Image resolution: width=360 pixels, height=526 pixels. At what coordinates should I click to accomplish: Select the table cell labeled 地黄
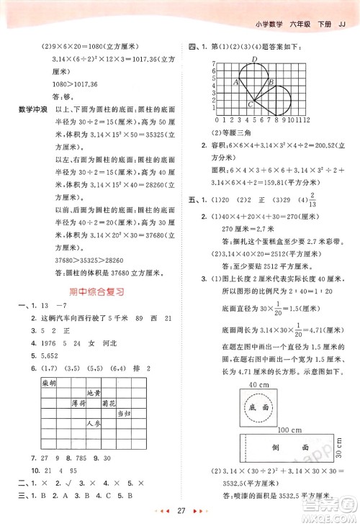point(93,393)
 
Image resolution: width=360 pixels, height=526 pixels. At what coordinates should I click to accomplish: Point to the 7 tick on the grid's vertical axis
point(214,65)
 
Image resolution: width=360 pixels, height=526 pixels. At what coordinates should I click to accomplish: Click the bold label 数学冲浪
point(27,107)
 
